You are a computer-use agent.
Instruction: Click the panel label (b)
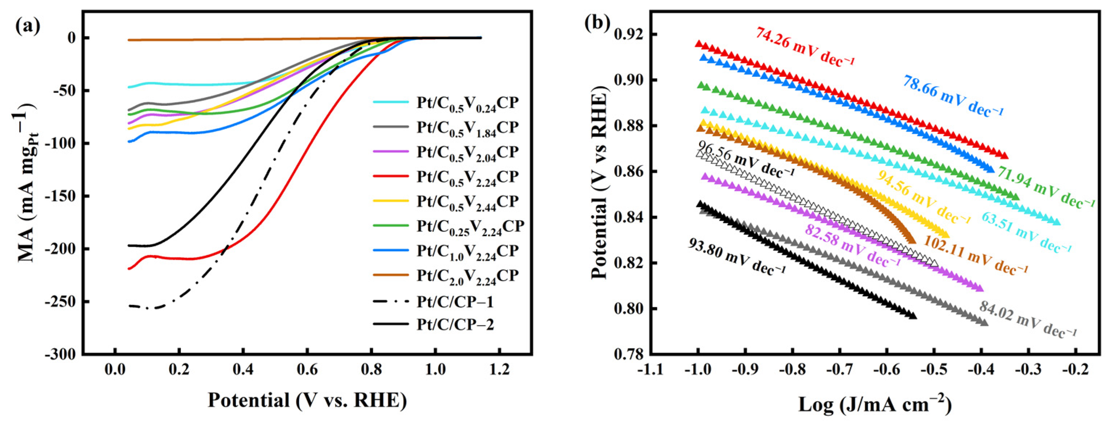pos(597,23)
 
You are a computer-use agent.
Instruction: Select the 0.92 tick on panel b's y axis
pos(628,34)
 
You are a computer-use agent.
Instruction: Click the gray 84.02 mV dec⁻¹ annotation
pos(1028,319)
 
